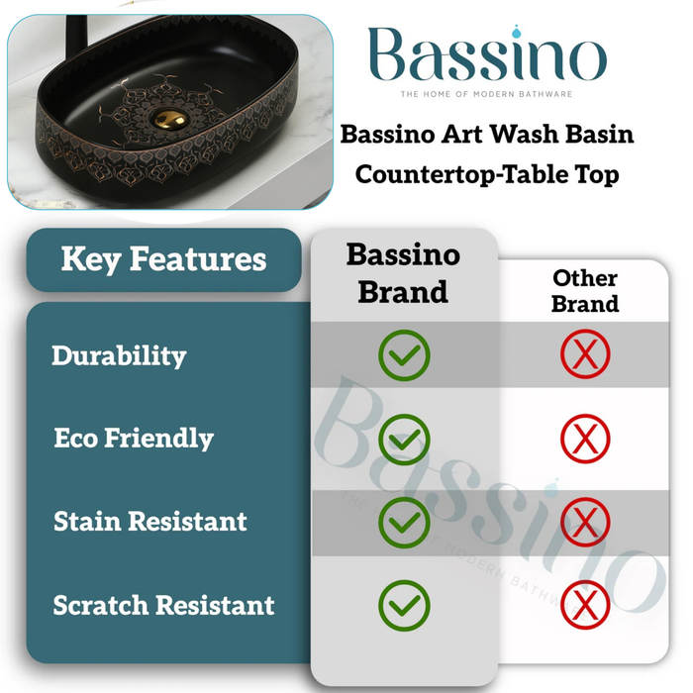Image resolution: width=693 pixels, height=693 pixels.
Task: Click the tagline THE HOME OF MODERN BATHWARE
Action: [x=486, y=94]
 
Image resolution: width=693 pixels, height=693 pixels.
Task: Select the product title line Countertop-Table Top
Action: [x=487, y=174]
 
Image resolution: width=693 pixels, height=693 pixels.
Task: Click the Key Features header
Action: [x=163, y=259]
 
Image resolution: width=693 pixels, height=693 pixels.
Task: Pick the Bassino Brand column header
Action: [x=403, y=273]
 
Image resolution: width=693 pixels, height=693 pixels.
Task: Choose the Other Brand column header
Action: [x=585, y=291]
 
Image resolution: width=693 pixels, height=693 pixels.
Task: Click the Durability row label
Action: [x=119, y=355]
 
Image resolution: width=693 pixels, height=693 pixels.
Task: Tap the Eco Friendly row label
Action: [x=134, y=438]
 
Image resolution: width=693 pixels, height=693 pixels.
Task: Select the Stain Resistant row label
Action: [x=150, y=521]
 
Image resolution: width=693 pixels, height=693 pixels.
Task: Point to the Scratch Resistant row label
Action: [x=164, y=604]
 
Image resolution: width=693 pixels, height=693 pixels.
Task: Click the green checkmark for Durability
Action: [x=404, y=355]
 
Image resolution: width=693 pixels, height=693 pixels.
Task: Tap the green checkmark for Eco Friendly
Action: [x=404, y=438]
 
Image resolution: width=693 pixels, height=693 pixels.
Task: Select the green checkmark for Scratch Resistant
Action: [x=404, y=604]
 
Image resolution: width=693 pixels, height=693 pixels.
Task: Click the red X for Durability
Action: [x=585, y=355]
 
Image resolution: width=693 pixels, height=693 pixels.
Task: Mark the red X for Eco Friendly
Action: [x=585, y=438]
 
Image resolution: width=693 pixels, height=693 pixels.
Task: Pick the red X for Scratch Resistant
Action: [x=585, y=604]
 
